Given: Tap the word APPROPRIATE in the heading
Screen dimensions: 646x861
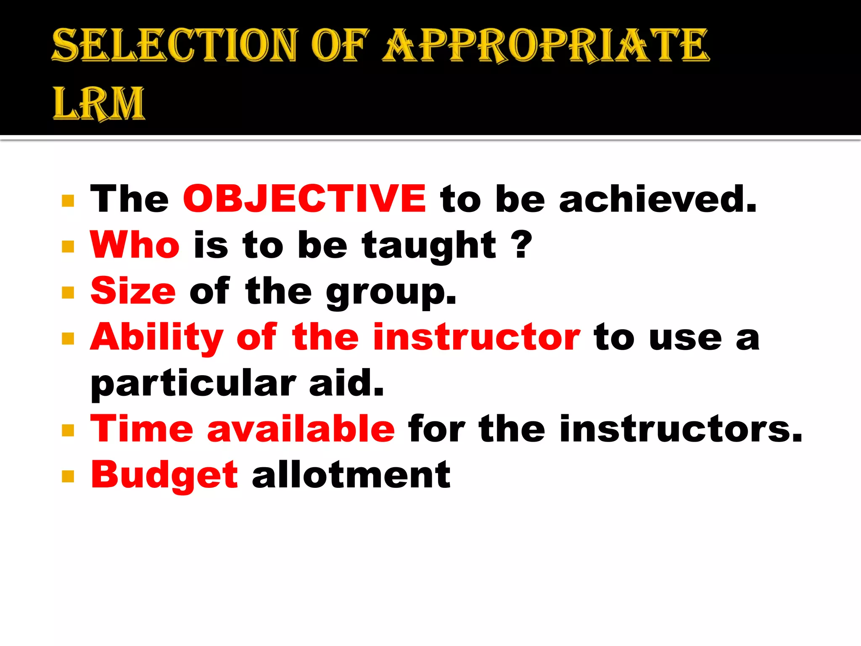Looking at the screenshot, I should pyautogui.click(x=546, y=45).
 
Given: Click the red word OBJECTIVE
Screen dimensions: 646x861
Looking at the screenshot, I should pyautogui.click(x=304, y=199).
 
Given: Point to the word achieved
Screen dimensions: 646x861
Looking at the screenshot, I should pyautogui.click(x=657, y=199).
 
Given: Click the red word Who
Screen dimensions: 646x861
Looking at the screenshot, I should pyautogui.click(x=135, y=245).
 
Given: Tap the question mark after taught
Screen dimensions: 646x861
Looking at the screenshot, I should pyautogui.click(x=523, y=245).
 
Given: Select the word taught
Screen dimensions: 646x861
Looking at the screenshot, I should pyautogui.click(x=429, y=246).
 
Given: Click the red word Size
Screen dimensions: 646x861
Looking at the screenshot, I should pyautogui.click(x=133, y=291).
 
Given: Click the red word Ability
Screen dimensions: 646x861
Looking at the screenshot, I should pyautogui.click(x=157, y=338).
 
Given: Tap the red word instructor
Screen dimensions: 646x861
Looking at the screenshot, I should pyautogui.click(x=477, y=337).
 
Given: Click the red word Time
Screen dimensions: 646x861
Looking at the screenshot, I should pyautogui.click(x=142, y=429).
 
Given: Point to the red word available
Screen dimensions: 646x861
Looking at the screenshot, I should pyautogui.click(x=301, y=429).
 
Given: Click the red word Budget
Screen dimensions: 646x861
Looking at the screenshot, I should pyautogui.click(x=164, y=476).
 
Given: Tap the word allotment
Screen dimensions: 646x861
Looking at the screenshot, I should pyautogui.click(x=351, y=475).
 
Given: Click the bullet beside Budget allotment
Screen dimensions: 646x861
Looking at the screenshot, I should pyautogui.click(x=68, y=476).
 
